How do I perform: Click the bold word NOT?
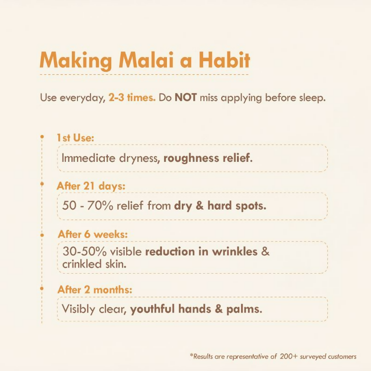pos(186,98)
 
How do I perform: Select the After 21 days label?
pos(91,185)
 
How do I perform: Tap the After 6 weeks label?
pos(93,234)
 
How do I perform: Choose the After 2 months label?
pos(95,289)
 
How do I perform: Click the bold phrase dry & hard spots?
pos(220,205)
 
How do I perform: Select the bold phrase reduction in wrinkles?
pos(201,252)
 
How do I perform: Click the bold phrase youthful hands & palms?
pos(196,308)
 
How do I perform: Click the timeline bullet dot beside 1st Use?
pos(42,137)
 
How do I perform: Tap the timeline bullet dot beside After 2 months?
pos(42,289)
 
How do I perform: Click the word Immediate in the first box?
pos(86,158)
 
